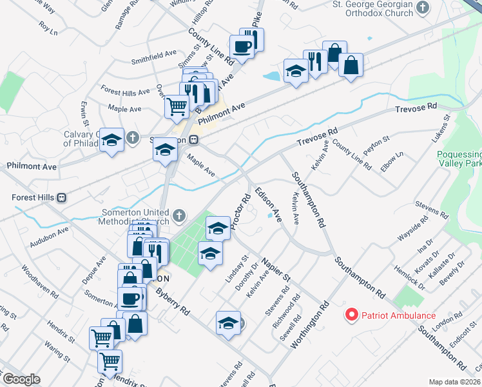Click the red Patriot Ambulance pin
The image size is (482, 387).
point(352,315)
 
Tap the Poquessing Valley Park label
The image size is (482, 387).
point(459,160)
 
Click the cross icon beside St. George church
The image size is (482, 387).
point(423,8)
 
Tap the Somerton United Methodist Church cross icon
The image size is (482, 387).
point(180,215)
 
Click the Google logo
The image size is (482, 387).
point(21,379)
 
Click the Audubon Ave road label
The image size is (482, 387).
point(49,237)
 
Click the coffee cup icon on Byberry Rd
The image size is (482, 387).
point(131,298)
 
